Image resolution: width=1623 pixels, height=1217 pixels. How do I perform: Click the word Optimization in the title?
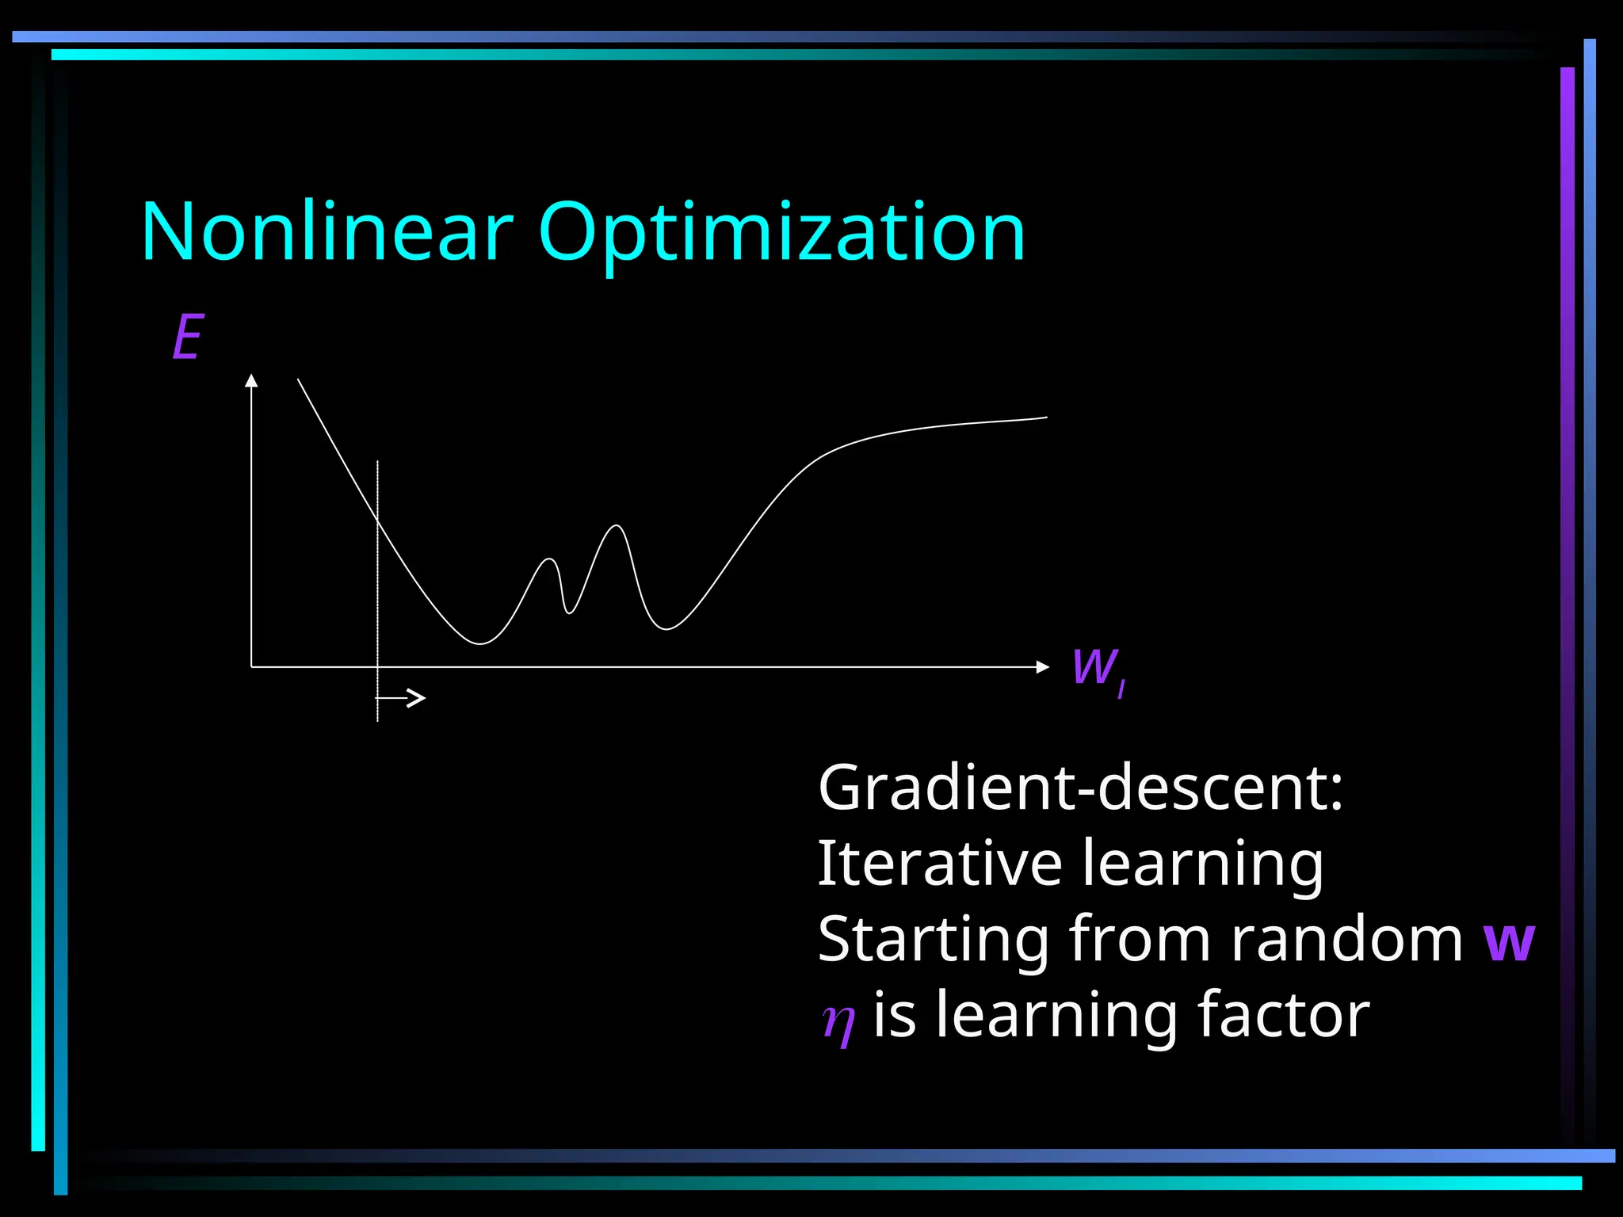click(x=781, y=234)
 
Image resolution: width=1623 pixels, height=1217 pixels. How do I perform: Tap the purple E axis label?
click(x=189, y=337)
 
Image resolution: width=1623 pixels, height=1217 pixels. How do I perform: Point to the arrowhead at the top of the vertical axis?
click(x=251, y=380)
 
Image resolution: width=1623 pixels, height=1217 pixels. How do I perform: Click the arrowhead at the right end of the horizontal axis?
click(x=1043, y=667)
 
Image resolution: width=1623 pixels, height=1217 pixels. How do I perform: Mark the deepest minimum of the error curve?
click(x=480, y=643)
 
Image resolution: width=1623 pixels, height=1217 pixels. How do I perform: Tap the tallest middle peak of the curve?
click(x=617, y=526)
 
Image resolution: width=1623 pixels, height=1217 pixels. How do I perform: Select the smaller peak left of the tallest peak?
click(x=549, y=560)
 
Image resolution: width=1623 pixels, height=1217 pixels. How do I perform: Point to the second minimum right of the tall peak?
click(x=666, y=629)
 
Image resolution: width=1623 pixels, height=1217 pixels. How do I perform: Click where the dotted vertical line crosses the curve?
click(x=378, y=521)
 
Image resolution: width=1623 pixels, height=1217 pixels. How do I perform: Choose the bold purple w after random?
click(x=1509, y=941)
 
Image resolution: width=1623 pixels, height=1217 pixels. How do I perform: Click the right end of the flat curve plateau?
click(x=1044, y=418)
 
